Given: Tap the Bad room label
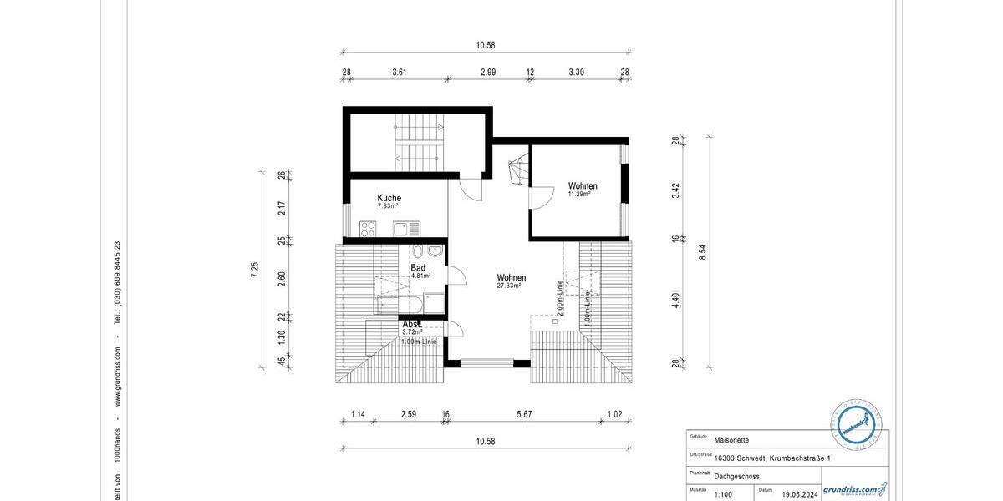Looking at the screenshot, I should pos(418,268).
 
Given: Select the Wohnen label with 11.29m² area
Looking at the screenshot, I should pos(583,185).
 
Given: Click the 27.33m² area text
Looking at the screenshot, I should pos(508,286).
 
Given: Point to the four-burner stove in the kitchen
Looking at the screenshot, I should pos(368,228).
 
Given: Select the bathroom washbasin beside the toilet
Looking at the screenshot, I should pos(435,251).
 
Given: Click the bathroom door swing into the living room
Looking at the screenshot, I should pos(456,276).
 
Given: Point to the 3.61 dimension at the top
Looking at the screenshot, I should pos(399,73).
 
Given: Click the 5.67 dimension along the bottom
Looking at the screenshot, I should pos(524,414).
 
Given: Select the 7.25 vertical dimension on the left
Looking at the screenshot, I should pos(255,269).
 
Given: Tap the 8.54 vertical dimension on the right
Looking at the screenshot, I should pos(702,251).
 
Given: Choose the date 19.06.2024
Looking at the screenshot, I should pos(800,494).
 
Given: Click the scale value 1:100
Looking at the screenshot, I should pos(724,494).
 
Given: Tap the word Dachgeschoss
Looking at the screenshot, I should pos(737,476).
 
